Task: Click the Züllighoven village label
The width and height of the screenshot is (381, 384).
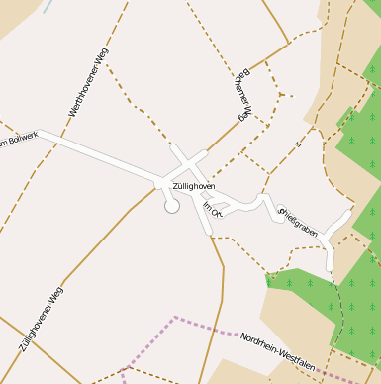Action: pyautogui.click(x=193, y=185)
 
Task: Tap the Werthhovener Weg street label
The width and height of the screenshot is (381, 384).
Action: pyautogui.click(x=89, y=82)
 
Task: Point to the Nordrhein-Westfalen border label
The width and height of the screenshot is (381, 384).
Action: pyautogui.click(x=278, y=352)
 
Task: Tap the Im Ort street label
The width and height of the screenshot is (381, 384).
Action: pyautogui.click(x=211, y=209)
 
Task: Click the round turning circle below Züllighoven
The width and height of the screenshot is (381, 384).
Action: pyautogui.click(x=172, y=206)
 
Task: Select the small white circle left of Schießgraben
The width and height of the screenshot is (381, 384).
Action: pyautogui.click(x=281, y=210)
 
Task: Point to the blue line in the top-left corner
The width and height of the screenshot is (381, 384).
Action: pyautogui.click(x=48, y=5)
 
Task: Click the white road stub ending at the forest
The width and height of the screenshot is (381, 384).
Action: pyautogui.click(x=331, y=259)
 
